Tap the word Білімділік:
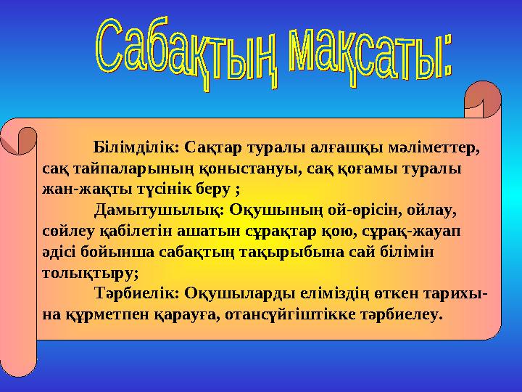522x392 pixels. point(137,148)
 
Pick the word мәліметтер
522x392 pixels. point(434,148)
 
